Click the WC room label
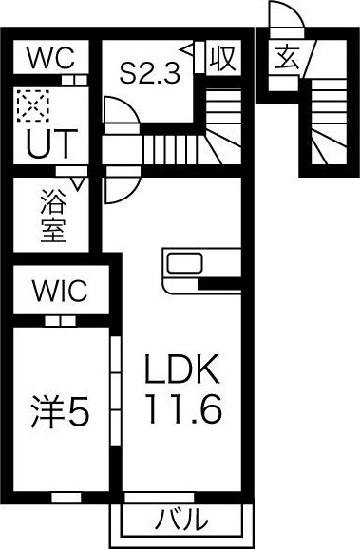tap(50, 58)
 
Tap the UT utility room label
tap(52, 143)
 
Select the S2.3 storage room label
tap(150, 72)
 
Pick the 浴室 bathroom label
tap(53, 216)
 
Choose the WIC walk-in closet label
tap(60, 291)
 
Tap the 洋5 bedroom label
tap(60, 410)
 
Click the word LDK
tap(181, 369)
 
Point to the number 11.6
tap(183, 408)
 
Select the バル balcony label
tap(181, 521)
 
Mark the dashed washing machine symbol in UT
tap(32, 105)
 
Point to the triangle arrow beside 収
tap(187, 49)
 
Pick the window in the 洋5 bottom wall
tap(66, 497)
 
